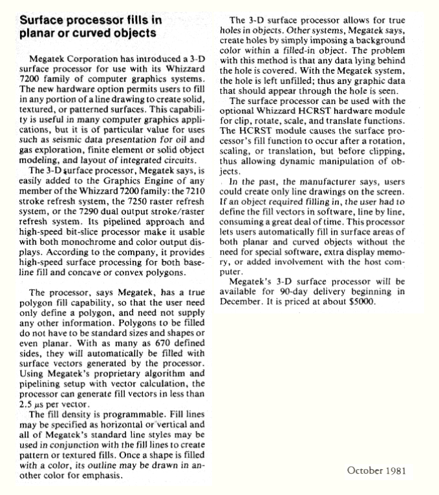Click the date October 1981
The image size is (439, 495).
click(377, 470)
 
